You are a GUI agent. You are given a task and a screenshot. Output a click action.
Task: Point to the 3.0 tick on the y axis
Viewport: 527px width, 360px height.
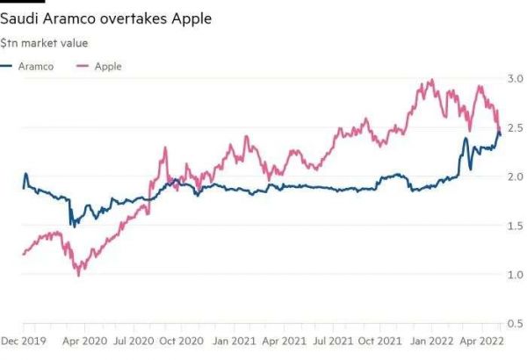pyautogui.click(x=512, y=79)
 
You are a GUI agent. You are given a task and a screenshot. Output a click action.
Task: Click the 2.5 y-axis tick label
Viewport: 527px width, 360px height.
pyautogui.click(x=512, y=128)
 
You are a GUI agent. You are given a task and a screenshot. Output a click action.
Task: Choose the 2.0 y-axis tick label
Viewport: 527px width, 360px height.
pyautogui.click(x=512, y=177)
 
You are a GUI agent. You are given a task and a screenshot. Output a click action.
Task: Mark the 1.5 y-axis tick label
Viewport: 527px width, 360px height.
pyautogui.click(x=512, y=227)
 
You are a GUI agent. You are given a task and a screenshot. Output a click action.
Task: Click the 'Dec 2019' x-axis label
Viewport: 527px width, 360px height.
pyautogui.click(x=23, y=340)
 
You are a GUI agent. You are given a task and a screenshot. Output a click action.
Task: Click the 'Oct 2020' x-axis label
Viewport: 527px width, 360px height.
pyautogui.click(x=182, y=340)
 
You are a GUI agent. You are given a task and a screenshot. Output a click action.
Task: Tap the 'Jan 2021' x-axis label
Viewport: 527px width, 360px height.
pyautogui.click(x=234, y=340)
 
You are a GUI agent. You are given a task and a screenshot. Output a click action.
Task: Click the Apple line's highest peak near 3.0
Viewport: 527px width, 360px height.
pyautogui.click(x=430, y=80)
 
